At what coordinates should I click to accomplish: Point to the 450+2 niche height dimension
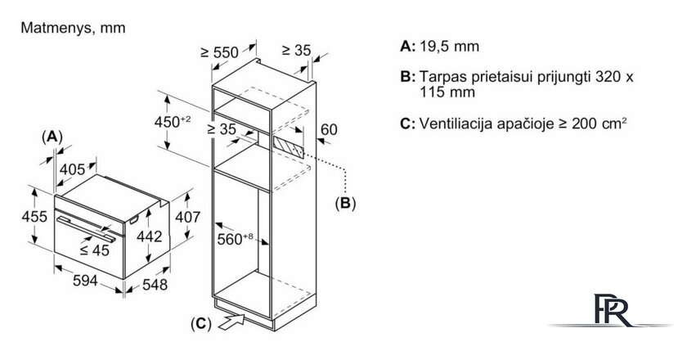point(173,122)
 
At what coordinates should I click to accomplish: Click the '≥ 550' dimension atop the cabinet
point(219,52)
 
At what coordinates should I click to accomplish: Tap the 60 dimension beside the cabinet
point(329,128)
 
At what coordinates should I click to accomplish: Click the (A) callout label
point(52,136)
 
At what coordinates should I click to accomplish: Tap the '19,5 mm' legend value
point(447,47)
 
